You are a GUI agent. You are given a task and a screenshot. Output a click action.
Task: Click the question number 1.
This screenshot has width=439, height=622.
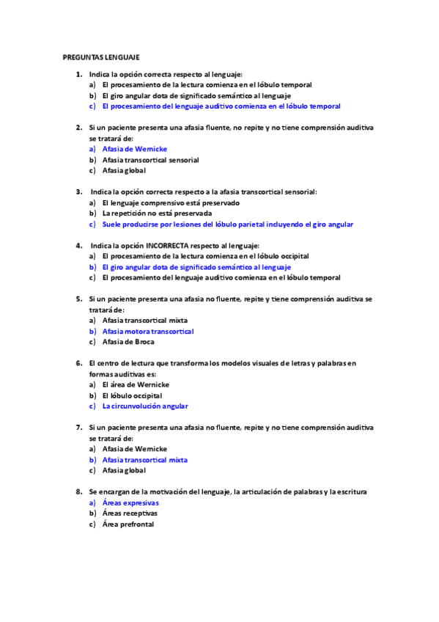[x=78, y=74]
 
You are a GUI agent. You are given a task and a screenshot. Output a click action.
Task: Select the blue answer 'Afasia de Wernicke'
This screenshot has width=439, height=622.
[x=135, y=149]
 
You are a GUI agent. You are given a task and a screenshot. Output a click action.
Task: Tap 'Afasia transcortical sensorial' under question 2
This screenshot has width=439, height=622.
[x=150, y=160]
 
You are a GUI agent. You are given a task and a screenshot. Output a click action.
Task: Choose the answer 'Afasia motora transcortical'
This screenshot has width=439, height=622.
[x=147, y=331]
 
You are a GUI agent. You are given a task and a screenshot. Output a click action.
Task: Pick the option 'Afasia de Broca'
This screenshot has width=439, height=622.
[x=128, y=342]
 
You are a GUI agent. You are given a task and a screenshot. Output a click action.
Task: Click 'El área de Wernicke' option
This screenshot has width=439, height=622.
[x=136, y=384]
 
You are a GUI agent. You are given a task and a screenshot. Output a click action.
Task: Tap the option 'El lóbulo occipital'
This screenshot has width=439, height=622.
[x=132, y=395]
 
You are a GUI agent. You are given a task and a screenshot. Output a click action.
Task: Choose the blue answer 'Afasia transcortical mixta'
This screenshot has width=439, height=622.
[x=144, y=460]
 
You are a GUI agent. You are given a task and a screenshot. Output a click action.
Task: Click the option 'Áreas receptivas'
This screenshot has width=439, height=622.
[x=130, y=513]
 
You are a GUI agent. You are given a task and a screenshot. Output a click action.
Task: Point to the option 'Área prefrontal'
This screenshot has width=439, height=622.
[x=128, y=524]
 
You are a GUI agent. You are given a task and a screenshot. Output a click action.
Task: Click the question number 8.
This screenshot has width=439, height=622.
[x=78, y=491]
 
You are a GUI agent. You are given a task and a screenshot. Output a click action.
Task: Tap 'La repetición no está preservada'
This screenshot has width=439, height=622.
[x=157, y=213]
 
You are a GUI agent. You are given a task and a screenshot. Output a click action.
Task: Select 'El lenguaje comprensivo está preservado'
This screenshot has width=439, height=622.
[x=170, y=202]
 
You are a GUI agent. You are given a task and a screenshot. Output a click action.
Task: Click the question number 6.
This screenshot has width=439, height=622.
[x=78, y=363]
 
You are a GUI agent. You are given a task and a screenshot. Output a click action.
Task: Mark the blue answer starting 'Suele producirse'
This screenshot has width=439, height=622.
[x=227, y=224]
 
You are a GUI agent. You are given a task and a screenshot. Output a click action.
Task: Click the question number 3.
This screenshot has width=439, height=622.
[x=78, y=191]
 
